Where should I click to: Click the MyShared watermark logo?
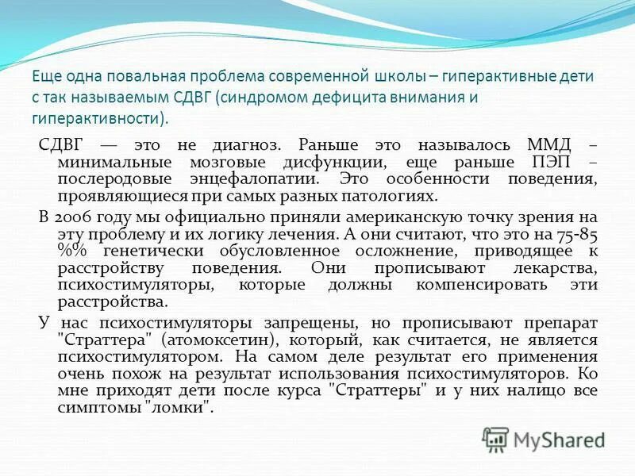[543, 439]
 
